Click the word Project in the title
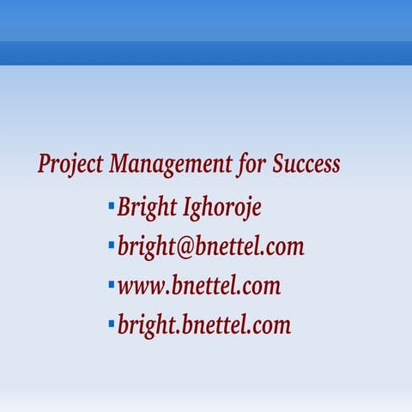(71, 164)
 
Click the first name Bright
(148, 208)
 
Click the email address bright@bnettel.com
(210, 247)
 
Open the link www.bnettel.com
(198, 286)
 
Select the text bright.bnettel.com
(203, 325)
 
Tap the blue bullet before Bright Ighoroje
(111, 205)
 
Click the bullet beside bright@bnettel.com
(111, 245)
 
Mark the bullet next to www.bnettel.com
(111, 283)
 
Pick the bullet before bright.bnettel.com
(111, 323)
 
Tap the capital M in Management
(120, 163)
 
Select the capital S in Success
(279, 163)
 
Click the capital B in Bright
(125, 207)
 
